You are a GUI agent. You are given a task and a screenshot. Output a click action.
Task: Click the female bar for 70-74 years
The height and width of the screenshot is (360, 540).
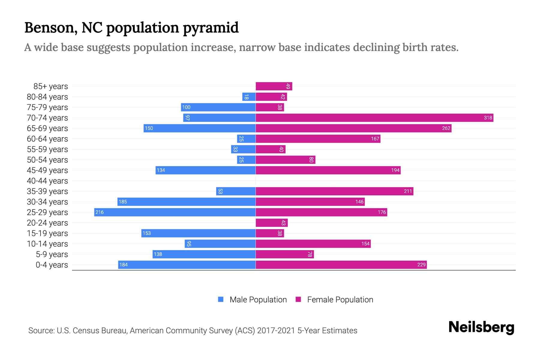coord(374,118)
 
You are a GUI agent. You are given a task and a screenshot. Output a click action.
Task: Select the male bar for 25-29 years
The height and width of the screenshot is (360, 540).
coord(175,212)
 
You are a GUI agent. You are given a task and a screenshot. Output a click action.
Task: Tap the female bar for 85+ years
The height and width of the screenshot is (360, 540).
coord(274,86)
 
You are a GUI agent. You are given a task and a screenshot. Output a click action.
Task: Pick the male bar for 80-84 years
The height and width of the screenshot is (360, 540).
coord(249,97)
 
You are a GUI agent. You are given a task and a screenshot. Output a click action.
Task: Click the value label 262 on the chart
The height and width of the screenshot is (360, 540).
coord(446,128)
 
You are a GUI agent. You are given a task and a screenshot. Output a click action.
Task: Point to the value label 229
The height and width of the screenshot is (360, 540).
coord(421,265)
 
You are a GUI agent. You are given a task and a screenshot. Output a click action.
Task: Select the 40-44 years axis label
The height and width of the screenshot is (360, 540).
coord(47,181)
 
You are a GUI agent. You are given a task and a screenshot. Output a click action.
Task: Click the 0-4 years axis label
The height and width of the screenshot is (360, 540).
coord(52,265)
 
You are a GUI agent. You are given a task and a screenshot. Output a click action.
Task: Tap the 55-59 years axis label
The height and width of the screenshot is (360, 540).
coord(47,149)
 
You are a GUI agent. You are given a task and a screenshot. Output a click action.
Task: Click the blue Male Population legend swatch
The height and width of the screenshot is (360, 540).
coord(221,299)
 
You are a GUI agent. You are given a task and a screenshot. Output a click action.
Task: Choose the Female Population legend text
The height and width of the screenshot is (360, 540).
coord(340,300)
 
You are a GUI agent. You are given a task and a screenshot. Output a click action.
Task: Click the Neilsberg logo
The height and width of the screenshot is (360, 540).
coord(481,327)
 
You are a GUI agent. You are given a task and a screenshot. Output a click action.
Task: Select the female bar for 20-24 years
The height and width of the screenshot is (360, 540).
coord(271,223)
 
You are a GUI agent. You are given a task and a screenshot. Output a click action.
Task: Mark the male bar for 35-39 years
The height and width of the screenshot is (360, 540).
coord(236,191)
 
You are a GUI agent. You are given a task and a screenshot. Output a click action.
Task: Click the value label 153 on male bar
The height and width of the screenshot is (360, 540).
coord(147,233)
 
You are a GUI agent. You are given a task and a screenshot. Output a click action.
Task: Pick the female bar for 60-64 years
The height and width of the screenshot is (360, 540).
coord(318,139)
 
